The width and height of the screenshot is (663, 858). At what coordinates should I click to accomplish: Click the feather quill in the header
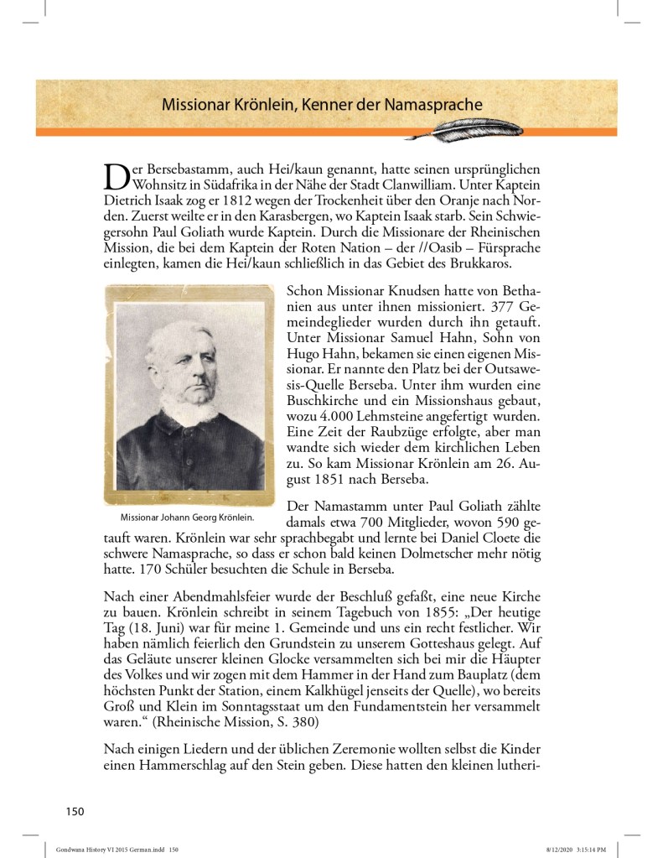(487, 127)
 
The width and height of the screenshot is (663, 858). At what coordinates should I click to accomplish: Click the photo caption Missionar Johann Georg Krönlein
(187, 516)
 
